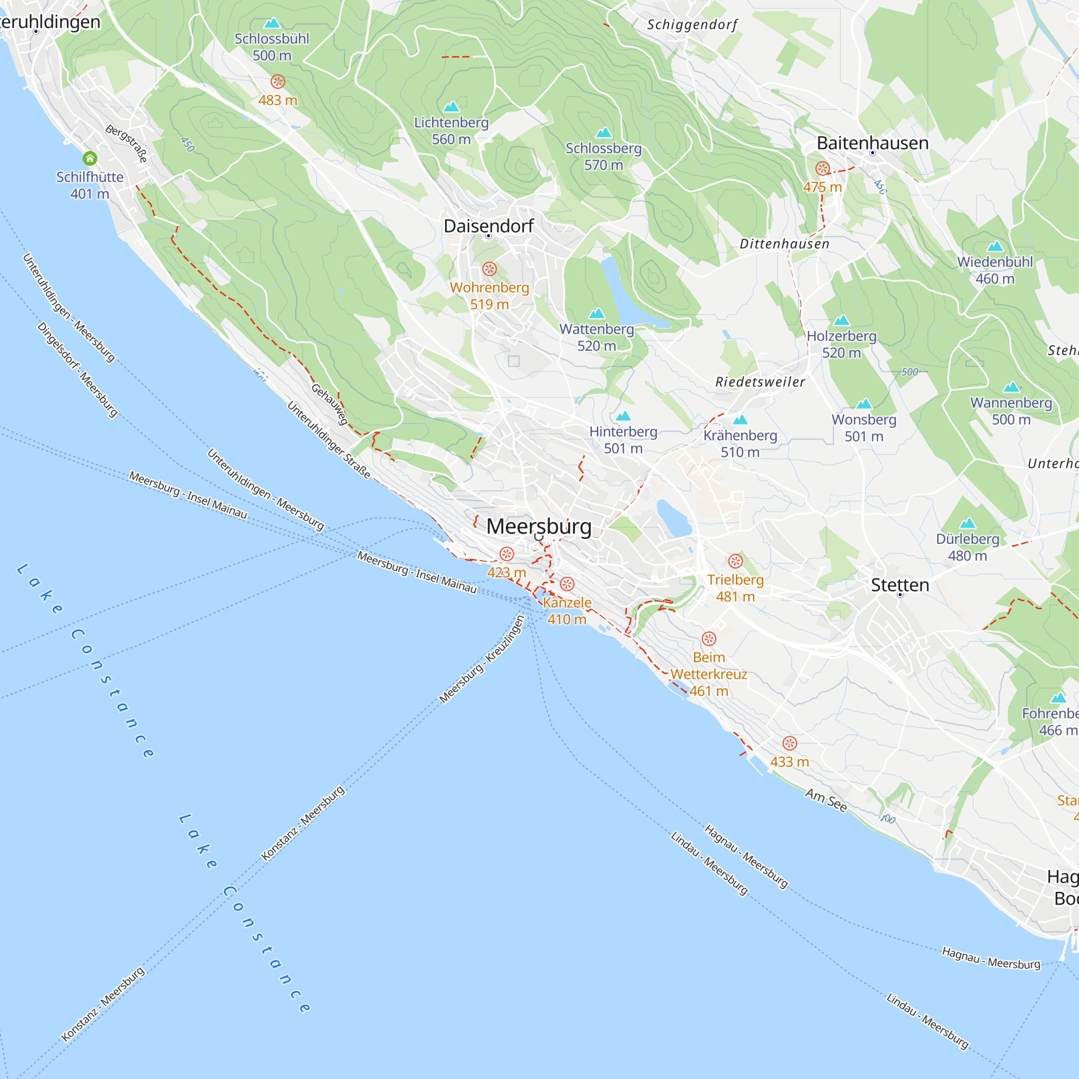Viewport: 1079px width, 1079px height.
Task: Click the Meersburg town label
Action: pos(538,527)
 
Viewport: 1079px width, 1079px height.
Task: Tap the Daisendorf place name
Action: pos(489,226)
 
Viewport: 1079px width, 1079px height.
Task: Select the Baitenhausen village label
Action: pos(872,143)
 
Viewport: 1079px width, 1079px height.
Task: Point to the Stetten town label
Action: pos(900,585)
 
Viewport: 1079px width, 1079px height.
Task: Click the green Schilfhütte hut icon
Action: pos(90,159)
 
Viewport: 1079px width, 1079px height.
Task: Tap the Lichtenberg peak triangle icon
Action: pos(451,107)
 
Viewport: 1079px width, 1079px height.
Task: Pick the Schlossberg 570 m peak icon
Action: pos(604,132)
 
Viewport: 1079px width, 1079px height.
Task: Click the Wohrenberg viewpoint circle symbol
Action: pos(489,269)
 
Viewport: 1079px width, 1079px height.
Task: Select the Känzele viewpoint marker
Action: pos(567,584)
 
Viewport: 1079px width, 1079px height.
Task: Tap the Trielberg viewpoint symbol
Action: pos(735,561)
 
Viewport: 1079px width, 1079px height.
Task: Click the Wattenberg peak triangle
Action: pos(597,313)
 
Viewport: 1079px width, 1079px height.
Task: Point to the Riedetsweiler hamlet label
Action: pos(760,382)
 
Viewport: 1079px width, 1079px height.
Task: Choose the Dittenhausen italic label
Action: pos(784,244)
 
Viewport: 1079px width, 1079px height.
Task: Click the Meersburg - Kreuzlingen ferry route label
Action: pos(482,660)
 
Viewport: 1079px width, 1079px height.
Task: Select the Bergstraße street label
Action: pos(127,144)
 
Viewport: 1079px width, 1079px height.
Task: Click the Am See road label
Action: pos(825,800)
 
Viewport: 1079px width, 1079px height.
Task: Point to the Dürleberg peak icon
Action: pos(967,523)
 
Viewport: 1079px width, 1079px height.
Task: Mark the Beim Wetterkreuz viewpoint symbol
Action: pos(709,638)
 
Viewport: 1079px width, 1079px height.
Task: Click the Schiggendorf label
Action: pos(692,25)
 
